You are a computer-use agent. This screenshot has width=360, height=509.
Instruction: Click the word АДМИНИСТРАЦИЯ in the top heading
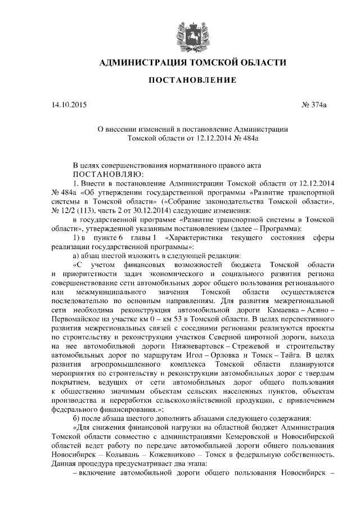click(137, 62)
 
